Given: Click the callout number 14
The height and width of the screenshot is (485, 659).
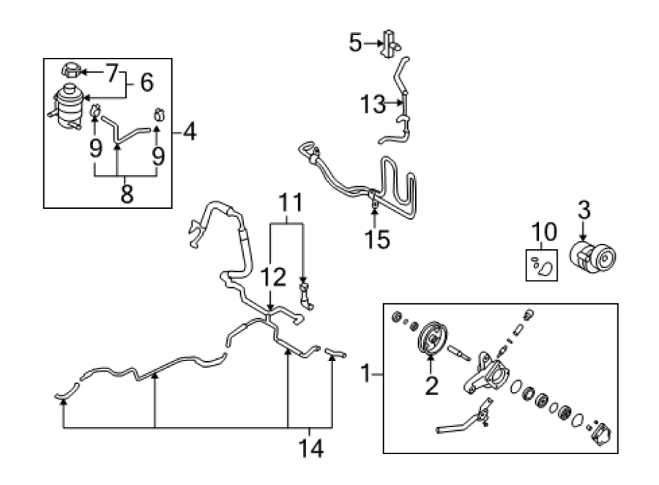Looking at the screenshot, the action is click(x=311, y=448).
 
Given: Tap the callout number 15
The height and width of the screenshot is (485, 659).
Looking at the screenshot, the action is click(x=377, y=240).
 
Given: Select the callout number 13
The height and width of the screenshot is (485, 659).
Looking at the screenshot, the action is click(x=373, y=104).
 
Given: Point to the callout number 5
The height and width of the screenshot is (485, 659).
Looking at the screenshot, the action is click(x=355, y=43).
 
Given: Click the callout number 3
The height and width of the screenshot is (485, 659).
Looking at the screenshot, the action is click(x=584, y=210).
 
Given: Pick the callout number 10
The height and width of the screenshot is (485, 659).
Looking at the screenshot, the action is click(x=544, y=232).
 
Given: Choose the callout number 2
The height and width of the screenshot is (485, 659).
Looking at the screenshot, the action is click(x=431, y=385).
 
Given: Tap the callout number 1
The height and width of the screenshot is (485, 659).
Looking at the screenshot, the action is click(x=366, y=374).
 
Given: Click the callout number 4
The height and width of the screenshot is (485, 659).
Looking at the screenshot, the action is click(x=190, y=132).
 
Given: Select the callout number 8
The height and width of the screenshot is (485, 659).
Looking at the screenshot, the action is click(x=127, y=194).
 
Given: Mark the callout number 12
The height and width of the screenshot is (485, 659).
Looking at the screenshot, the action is click(x=273, y=277).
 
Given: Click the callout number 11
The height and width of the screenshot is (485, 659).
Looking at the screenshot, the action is click(x=291, y=203).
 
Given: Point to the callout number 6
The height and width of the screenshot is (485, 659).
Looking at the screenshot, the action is click(x=146, y=83).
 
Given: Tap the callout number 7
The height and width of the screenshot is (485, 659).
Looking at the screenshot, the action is click(x=112, y=73).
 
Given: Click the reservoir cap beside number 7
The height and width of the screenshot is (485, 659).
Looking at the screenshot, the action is click(x=70, y=70).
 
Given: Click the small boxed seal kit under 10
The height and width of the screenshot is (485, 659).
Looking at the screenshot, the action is click(x=542, y=265).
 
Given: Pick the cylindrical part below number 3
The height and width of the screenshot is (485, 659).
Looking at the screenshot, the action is click(x=592, y=256).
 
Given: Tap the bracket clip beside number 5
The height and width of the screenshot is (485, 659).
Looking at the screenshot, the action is click(x=390, y=44).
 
